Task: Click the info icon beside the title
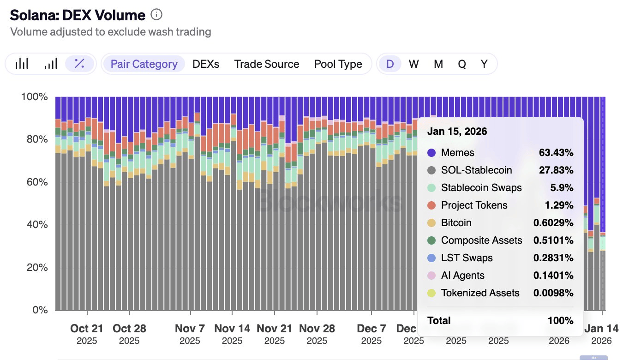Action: click(x=156, y=15)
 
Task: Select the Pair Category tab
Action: click(x=144, y=64)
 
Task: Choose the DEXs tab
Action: click(x=206, y=64)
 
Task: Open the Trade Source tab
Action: click(x=267, y=64)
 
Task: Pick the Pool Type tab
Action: click(x=338, y=64)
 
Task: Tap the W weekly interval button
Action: click(x=413, y=64)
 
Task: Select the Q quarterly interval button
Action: click(x=462, y=64)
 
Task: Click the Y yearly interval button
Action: click(x=484, y=64)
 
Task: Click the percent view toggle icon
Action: click(x=79, y=64)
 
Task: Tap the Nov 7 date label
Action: click(x=190, y=329)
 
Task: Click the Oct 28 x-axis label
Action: click(x=129, y=329)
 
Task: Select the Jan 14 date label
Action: click(x=601, y=329)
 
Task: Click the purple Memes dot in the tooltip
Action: click(x=431, y=153)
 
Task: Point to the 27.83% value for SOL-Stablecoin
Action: click(x=556, y=170)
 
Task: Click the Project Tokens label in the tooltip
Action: click(x=474, y=205)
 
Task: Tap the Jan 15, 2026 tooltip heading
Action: click(x=457, y=132)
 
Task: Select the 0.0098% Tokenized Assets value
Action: click(x=553, y=293)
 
